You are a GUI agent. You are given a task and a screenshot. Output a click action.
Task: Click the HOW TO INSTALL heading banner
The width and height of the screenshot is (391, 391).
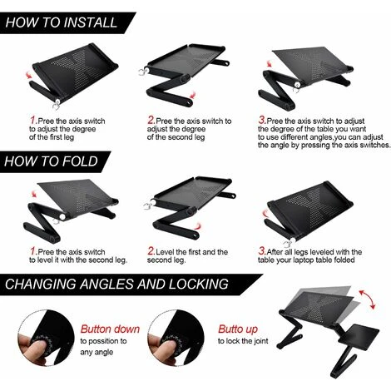[62, 22]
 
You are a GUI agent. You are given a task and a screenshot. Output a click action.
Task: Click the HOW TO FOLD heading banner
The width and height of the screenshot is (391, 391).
[52, 161]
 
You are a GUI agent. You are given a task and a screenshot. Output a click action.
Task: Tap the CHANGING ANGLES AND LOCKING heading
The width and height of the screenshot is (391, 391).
[116, 284]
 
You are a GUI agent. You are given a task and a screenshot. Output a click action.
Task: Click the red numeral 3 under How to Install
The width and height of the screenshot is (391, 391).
[264, 120]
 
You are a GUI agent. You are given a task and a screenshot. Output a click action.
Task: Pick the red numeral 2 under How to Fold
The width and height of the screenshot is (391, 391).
[151, 250]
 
